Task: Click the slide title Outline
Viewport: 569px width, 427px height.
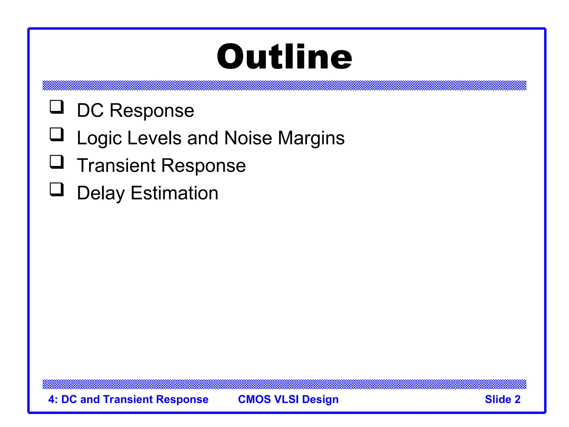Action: [x=284, y=57]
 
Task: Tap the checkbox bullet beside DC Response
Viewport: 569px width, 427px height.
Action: [x=57, y=107]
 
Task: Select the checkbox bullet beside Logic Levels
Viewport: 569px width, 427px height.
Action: [x=57, y=135]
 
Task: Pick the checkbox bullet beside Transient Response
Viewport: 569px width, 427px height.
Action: [x=57, y=162]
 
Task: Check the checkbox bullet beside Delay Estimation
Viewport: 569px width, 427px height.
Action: [x=57, y=190]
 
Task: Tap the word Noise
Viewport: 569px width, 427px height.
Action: [x=248, y=138]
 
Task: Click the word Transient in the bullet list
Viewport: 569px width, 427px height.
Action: [x=116, y=166]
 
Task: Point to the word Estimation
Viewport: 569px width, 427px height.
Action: [x=174, y=193]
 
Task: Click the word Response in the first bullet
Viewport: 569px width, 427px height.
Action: [x=152, y=111]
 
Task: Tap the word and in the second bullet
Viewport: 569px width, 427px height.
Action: [x=203, y=138]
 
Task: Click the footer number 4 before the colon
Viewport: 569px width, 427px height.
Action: [x=51, y=399]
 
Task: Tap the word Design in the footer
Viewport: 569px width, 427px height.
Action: [x=320, y=399]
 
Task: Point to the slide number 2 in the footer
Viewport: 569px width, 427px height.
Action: [x=517, y=399]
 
